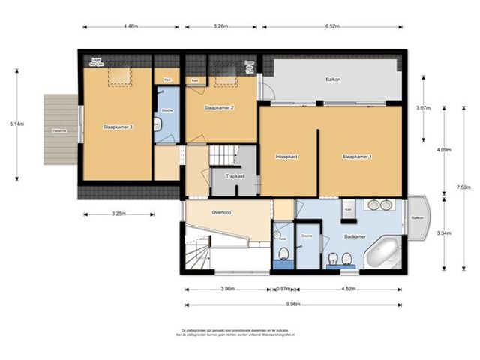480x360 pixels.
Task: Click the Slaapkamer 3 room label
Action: click(118, 127)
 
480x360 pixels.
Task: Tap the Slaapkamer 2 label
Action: click(219, 108)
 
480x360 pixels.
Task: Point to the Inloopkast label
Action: click(288, 157)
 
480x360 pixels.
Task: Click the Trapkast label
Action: click(235, 177)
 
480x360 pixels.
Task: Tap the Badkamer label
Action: click(355, 236)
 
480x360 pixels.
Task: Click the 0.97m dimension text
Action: click(283, 288)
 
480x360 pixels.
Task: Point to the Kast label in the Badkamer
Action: click(349, 210)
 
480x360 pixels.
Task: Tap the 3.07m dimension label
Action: click(424, 108)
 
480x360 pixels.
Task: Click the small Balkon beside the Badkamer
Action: click(417, 218)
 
